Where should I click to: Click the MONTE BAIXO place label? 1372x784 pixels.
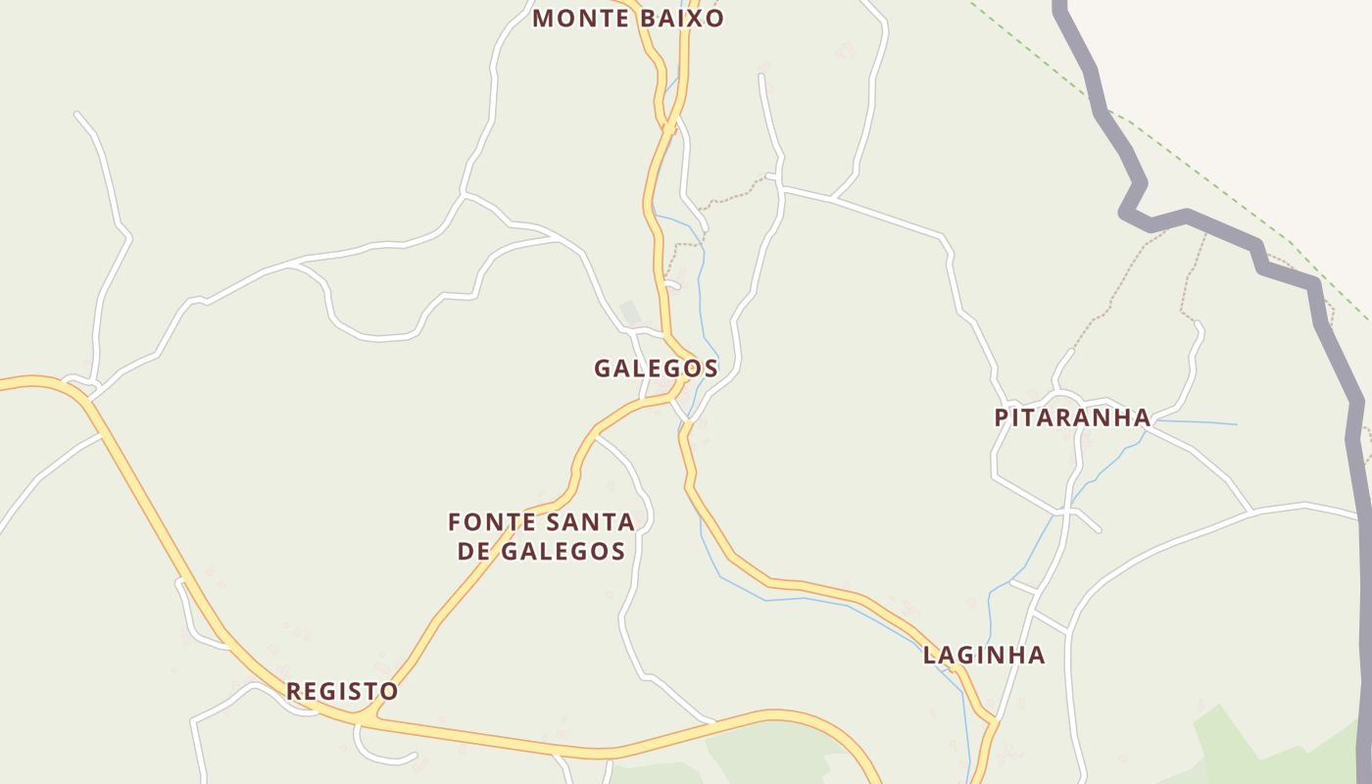click(x=628, y=19)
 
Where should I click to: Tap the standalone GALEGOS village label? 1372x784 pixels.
click(x=656, y=368)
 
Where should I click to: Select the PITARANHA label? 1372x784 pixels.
click(x=1072, y=417)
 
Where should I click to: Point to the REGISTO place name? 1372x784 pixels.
click(x=342, y=691)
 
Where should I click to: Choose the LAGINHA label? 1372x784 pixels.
click(x=984, y=655)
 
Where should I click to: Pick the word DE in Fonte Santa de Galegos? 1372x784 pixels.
click(x=473, y=552)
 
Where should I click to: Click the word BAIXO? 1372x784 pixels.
click(x=682, y=19)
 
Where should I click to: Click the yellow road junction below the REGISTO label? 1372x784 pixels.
click(x=366, y=720)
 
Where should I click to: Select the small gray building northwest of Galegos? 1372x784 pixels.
click(x=630, y=313)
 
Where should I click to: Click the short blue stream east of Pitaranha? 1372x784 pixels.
click(x=1200, y=423)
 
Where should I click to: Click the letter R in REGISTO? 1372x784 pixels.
click(x=293, y=691)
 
